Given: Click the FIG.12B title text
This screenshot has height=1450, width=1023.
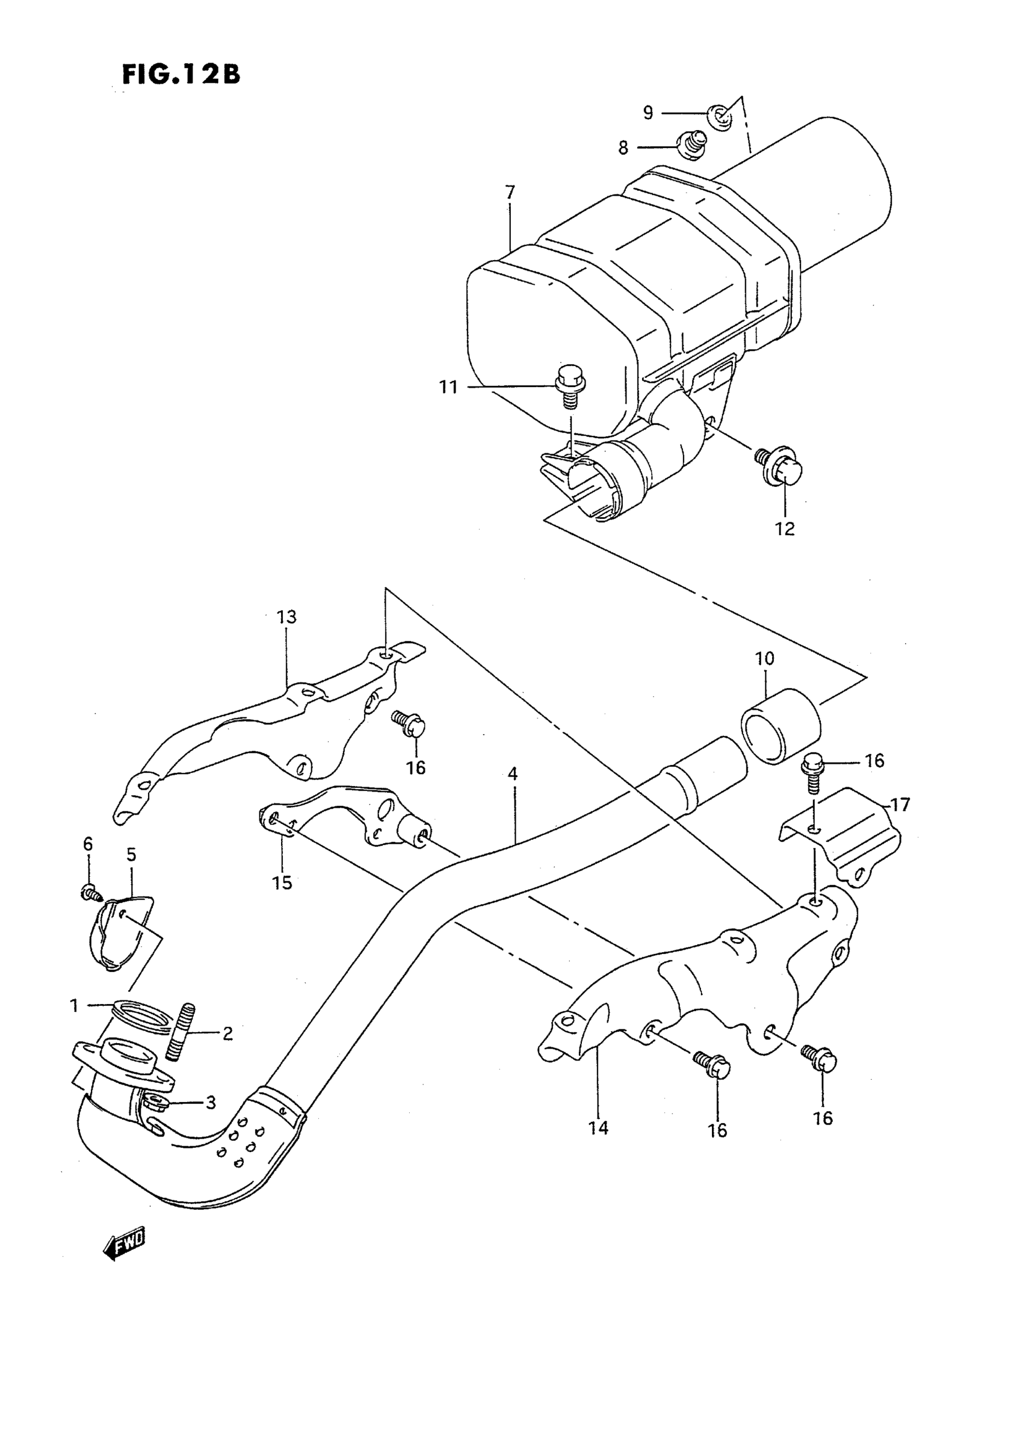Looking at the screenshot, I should (181, 75).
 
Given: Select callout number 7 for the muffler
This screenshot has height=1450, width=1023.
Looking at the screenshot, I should (510, 191).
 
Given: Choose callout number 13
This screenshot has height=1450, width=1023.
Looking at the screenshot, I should (286, 616).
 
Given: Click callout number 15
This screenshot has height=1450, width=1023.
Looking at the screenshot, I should (282, 882).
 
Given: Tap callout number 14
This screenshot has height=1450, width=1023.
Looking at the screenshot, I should (598, 1127).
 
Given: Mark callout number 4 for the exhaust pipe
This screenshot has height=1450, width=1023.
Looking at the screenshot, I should (512, 773).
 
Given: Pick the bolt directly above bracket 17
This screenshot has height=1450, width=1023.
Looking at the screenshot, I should (811, 771).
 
